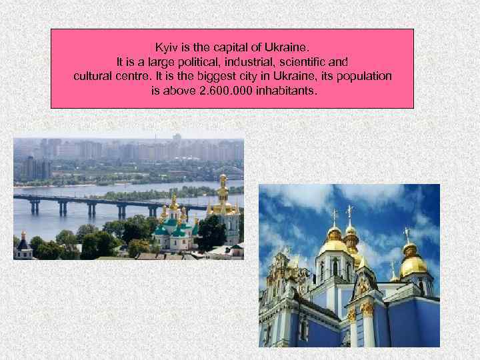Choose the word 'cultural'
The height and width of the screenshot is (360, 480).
[93, 76]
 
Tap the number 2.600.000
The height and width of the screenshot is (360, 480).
[225, 90]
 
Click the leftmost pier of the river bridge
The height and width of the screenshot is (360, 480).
[33, 207]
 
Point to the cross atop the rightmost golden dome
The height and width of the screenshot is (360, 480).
[406, 234]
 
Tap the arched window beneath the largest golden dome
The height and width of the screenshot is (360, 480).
[335, 269]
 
